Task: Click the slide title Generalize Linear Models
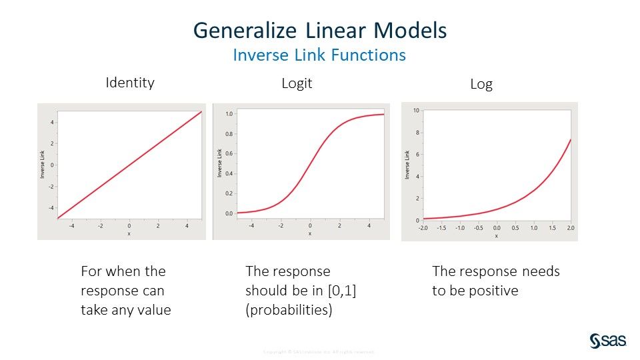pyautogui.click(x=319, y=31)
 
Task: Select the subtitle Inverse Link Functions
pyautogui.click(x=319, y=55)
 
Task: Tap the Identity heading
pyautogui.click(x=130, y=83)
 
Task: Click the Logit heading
pyautogui.click(x=297, y=83)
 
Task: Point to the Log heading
pyautogui.click(x=481, y=85)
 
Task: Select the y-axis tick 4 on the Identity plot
pyautogui.click(x=53, y=123)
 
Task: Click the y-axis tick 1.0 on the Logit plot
pyautogui.click(x=229, y=114)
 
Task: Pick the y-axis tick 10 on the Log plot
pyautogui.click(x=415, y=111)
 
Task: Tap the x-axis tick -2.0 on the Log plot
pyautogui.click(x=423, y=227)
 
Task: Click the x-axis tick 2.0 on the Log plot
pyautogui.click(x=570, y=227)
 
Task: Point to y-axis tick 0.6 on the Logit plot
pyautogui.click(x=229, y=154)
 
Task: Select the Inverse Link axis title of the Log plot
pyautogui.click(x=407, y=165)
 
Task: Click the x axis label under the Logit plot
pyautogui.click(x=309, y=233)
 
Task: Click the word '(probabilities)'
pyautogui.click(x=289, y=310)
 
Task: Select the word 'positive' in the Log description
pyautogui.click(x=495, y=291)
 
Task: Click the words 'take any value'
pyautogui.click(x=126, y=310)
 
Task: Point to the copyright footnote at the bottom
pyautogui.click(x=319, y=351)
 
